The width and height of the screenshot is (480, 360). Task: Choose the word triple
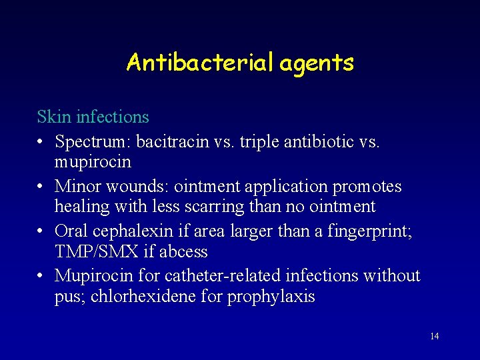click(x=261, y=142)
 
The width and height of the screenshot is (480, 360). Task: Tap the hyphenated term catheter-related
click(x=236, y=275)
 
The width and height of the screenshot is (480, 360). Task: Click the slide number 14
click(x=435, y=336)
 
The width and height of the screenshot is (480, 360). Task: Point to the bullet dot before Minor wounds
click(x=41, y=187)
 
